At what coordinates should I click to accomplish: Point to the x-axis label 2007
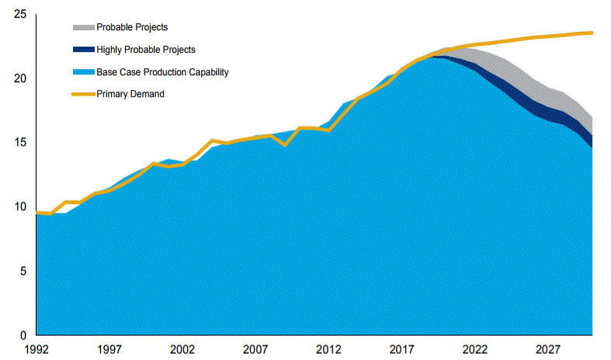coord(255,349)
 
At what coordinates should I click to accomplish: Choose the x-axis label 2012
coord(329,349)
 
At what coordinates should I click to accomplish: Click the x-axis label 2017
coord(402,349)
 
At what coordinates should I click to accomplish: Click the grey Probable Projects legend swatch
coord(83,27)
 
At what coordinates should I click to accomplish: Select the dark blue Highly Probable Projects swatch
coord(83,50)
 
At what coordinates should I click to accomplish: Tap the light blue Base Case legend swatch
coord(83,72)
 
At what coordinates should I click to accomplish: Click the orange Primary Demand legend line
coord(83,94)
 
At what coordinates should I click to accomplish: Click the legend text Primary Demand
coord(130,94)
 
